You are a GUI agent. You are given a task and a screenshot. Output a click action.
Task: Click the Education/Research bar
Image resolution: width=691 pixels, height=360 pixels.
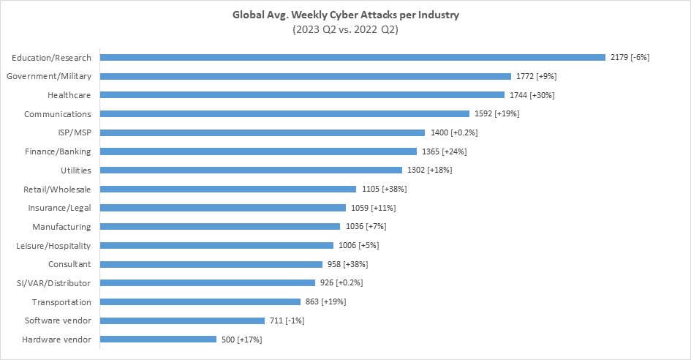352,57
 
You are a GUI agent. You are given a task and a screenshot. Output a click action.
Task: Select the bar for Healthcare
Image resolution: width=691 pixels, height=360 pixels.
302,95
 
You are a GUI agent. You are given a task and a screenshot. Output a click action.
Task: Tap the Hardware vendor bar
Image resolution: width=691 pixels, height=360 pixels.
158,340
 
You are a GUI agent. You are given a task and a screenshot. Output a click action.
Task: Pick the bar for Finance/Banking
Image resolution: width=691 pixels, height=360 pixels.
258,151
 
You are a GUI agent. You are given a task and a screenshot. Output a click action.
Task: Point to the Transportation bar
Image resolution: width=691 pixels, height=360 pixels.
200,301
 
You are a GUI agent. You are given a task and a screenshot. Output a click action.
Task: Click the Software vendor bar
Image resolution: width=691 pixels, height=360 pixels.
182,320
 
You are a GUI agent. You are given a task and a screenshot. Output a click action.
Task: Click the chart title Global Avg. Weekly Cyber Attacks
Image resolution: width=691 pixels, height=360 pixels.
345,15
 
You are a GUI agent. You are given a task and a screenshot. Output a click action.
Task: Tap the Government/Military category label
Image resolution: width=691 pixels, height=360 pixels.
48,76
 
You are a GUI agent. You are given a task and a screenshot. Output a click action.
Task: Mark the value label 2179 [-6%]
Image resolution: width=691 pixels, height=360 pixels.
630,57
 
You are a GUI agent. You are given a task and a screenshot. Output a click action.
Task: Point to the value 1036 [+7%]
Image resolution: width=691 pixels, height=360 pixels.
363,227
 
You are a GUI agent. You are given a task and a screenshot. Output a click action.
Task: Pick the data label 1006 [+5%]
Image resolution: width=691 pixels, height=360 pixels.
358,246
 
